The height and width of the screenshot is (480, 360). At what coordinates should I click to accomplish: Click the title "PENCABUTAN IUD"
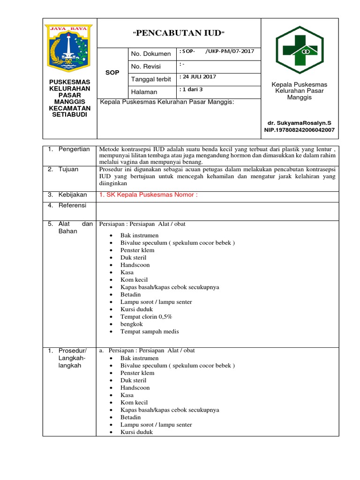178,33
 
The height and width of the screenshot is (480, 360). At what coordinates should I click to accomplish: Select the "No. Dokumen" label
151,54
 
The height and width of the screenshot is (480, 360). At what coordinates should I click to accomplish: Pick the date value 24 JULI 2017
199,77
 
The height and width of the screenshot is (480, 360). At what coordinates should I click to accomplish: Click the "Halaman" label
144,92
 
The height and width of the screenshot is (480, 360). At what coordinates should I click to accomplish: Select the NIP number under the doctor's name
300,130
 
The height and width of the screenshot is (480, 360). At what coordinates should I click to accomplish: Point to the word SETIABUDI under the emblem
69,114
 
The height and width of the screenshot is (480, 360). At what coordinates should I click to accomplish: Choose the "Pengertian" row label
74,149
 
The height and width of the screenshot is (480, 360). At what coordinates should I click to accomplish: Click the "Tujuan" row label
68,169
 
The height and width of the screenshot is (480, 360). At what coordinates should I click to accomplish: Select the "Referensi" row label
73,205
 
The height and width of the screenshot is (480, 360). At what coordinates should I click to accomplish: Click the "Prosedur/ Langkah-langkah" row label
69,358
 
